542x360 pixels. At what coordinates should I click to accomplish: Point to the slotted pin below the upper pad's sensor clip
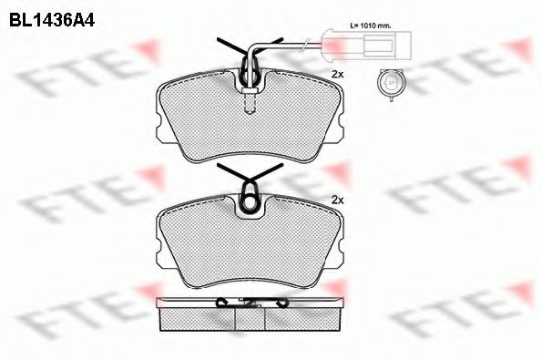pos(251,105)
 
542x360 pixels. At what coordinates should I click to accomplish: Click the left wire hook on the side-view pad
pos(221,302)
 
